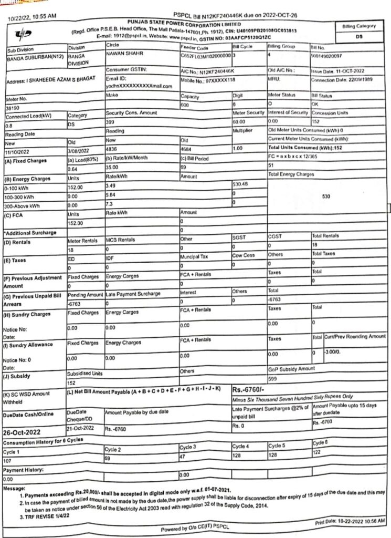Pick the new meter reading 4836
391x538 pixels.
coord(113,149)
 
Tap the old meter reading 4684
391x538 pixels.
coord(186,149)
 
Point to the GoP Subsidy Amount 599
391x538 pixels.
coord(272,378)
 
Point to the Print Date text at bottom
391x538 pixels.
coord(350,522)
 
